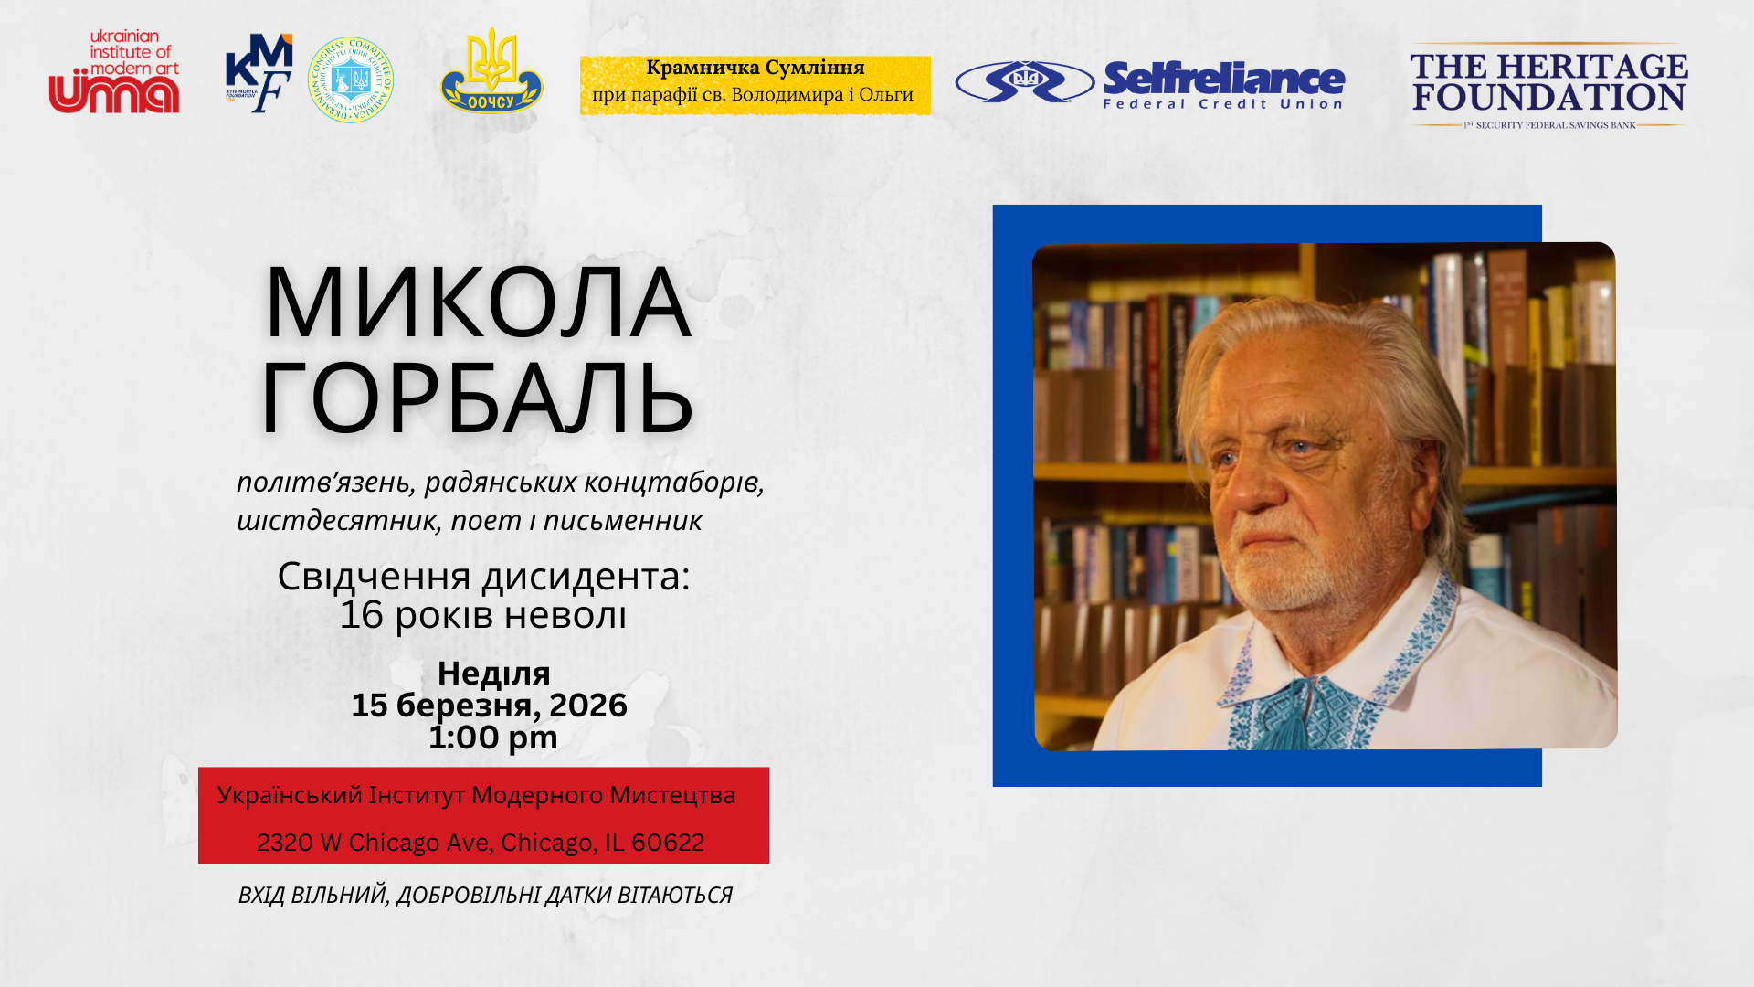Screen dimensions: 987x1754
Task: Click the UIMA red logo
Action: point(114,73)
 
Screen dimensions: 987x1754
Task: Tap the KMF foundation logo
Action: point(259,74)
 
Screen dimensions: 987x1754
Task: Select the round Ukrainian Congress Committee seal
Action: point(351,80)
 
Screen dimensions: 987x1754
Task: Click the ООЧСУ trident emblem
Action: point(491,72)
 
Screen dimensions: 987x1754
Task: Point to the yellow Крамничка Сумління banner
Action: point(755,85)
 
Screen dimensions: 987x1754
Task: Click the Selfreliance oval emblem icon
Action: point(1025,82)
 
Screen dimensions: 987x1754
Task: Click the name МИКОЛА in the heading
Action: point(477,303)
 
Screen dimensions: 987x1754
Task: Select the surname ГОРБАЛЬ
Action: point(477,398)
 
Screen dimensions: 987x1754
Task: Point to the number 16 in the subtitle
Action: point(361,615)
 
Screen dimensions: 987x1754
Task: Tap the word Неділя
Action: point(493,674)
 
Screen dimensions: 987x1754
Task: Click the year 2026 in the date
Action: point(587,706)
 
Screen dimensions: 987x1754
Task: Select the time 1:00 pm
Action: point(493,738)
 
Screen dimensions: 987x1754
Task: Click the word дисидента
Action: point(586,577)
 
